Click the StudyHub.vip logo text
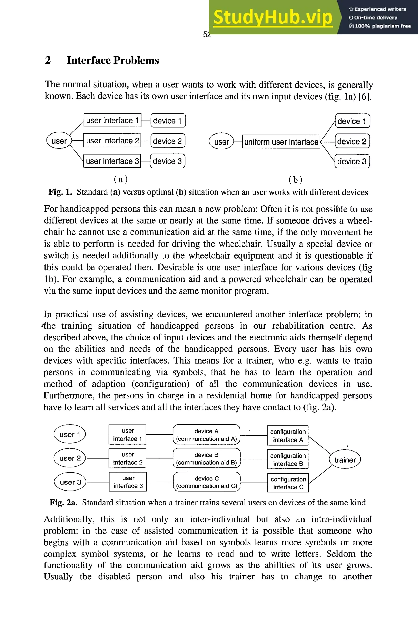pyautogui.click(x=273, y=17)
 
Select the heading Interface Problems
pyautogui.click(x=112, y=60)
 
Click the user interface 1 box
pyautogui.click(x=112, y=120)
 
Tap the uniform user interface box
pyautogui.click(x=281, y=142)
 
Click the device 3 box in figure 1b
pyautogui.click(x=352, y=161)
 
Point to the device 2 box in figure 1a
pyautogui.click(x=168, y=141)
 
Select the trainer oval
pyautogui.click(x=345, y=460)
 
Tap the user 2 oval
pyautogui.click(x=70, y=458)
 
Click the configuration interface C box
pyautogui.click(x=288, y=483)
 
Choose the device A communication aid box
pyautogui.click(x=206, y=435)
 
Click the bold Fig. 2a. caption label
pyautogui.click(x=63, y=503)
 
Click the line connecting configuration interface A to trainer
pyautogui.click(x=319, y=445)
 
